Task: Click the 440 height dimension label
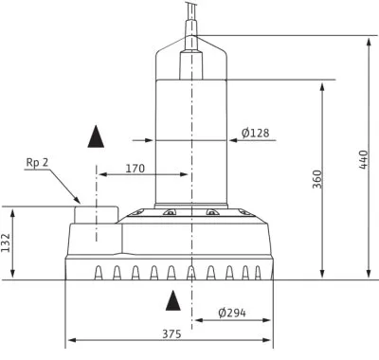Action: coord(364,159)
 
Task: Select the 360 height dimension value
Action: coord(317,179)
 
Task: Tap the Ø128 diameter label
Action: coord(255,133)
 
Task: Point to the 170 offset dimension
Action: coord(135,169)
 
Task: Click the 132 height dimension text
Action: coord(6,243)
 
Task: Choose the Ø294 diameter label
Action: coord(232,313)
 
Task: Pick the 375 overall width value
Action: coord(171,333)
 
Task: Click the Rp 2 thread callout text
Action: coord(37,162)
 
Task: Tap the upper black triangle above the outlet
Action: coord(96,136)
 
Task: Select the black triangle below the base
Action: coord(173,300)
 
